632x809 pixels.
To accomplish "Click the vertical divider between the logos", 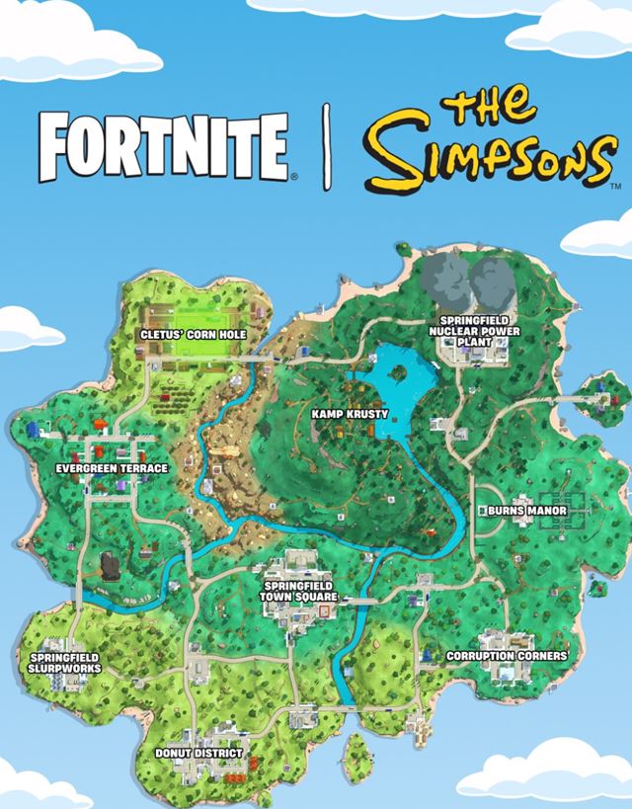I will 327,149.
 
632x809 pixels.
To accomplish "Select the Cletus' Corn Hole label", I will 193,336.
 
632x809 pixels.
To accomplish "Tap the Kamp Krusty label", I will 350,414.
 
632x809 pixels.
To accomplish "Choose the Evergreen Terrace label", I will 112,467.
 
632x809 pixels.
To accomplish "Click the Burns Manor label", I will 528,511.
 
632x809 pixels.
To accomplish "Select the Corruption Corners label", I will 507,656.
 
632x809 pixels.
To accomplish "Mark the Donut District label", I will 198,754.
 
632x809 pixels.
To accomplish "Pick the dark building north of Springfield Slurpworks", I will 110,566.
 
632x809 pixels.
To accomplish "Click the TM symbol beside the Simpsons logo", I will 615,185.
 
